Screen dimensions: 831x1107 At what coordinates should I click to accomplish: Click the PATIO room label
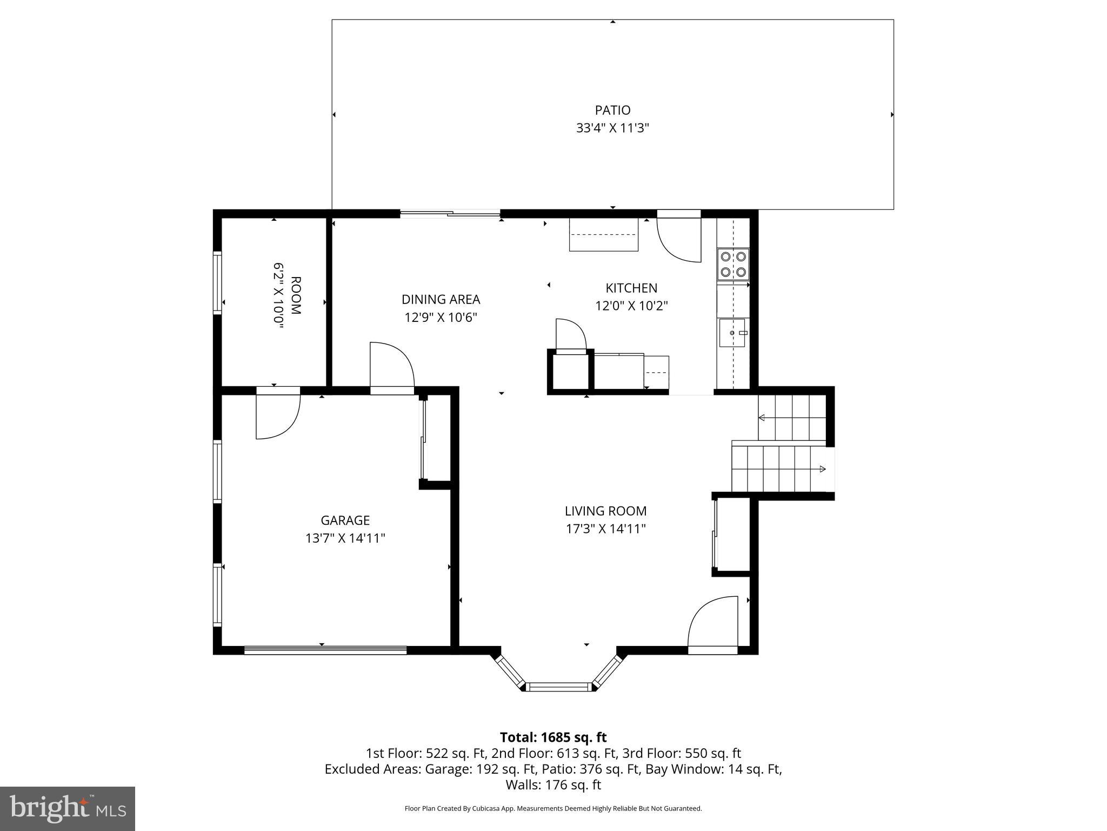(612, 110)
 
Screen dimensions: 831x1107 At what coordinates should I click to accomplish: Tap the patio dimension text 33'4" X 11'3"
(612, 128)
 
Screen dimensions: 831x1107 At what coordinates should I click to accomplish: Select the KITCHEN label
(631, 288)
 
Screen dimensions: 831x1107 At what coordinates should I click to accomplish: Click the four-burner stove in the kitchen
(733, 264)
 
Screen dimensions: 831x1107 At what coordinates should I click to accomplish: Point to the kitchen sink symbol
(732, 333)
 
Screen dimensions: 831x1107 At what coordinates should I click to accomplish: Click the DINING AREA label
(441, 299)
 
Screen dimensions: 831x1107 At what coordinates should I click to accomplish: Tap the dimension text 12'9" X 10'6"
(441, 317)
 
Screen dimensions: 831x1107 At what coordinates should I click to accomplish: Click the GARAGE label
(345, 520)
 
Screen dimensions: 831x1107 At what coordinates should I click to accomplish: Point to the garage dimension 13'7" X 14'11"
(345, 538)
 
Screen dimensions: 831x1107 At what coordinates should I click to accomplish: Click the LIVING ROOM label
(605, 511)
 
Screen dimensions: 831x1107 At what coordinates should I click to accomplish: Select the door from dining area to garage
(392, 368)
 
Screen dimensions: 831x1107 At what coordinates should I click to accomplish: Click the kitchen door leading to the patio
(679, 238)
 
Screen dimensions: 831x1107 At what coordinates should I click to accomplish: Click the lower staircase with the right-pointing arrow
(778, 469)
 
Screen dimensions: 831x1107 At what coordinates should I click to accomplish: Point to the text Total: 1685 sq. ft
(553, 737)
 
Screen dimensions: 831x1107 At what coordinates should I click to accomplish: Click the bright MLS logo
(68, 809)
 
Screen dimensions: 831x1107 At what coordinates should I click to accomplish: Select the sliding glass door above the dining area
(450, 214)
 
